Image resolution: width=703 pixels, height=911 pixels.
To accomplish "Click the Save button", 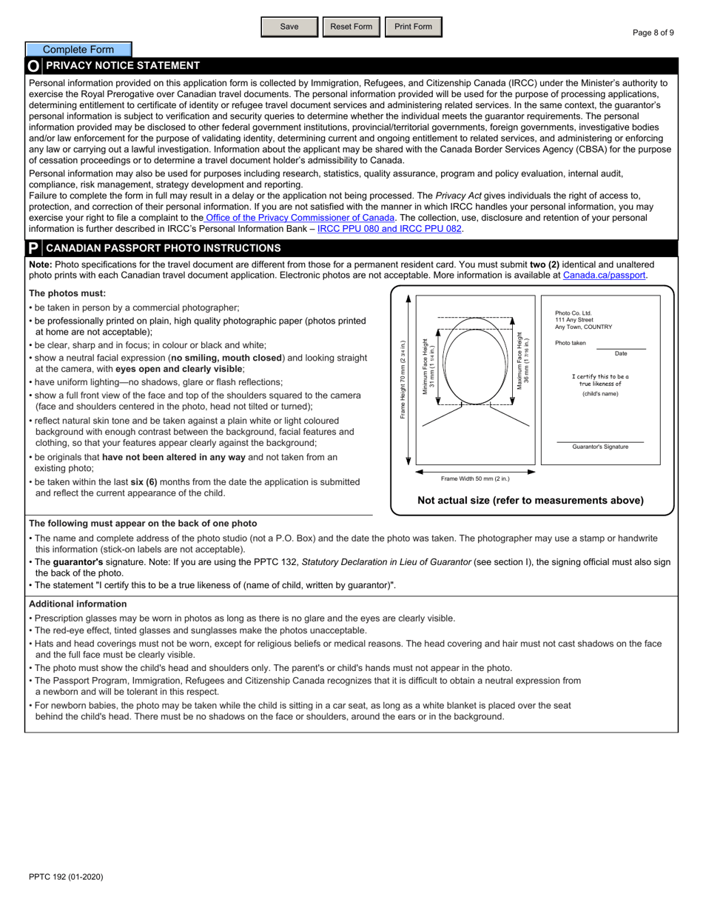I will tap(289, 27).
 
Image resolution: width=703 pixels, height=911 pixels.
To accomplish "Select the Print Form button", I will tap(413, 27).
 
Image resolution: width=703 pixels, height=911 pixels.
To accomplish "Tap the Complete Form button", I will tap(78, 50).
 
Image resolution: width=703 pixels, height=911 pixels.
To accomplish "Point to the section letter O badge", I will tap(33, 66).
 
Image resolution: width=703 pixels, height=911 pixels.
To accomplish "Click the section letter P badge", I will tap(33, 248).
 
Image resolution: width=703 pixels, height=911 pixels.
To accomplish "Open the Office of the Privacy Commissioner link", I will tap(300, 218).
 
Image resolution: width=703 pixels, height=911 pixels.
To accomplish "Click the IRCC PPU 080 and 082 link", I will tap(390, 229).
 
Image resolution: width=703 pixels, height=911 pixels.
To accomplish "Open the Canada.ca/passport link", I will tap(604, 275).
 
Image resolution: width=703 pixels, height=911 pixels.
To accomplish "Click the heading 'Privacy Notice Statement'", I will tap(123, 66).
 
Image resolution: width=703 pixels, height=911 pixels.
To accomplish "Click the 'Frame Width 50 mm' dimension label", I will tap(475, 479).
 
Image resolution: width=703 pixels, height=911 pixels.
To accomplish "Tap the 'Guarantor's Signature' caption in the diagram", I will tap(600, 447).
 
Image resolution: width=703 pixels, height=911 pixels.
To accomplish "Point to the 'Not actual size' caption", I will tap(531, 501).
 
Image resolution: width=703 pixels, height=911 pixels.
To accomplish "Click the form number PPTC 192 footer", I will tap(66, 877).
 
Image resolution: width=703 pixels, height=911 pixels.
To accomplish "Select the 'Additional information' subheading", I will tap(78, 604).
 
